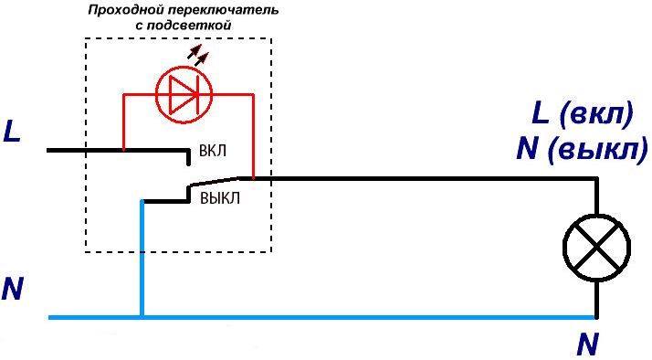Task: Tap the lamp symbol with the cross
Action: pyautogui.click(x=595, y=248)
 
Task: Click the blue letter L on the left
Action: pyautogui.click(x=12, y=132)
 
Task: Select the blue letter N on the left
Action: pyautogui.click(x=12, y=288)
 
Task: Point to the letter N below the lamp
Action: pyautogui.click(x=588, y=344)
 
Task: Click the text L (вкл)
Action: pyautogui.click(x=581, y=116)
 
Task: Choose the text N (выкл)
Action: pyautogui.click(x=581, y=148)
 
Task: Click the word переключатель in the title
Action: pyautogui.click(x=212, y=11)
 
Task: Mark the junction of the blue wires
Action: pyautogui.click(x=142, y=317)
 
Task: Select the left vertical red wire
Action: pyautogui.click(x=123, y=119)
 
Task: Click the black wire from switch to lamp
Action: pyautogui.click(x=420, y=179)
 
